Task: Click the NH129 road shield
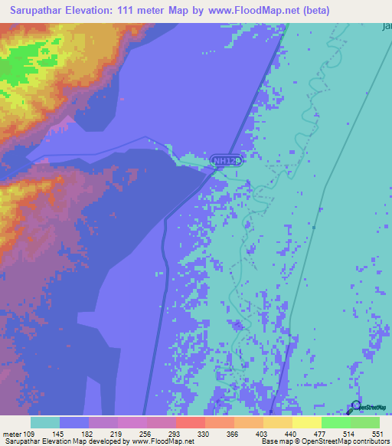(x=227, y=161)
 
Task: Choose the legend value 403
(x=263, y=435)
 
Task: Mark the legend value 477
(x=321, y=435)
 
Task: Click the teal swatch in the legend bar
(x=45, y=422)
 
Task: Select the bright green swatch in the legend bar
(x=335, y=422)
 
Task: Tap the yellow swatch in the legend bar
(x=306, y=422)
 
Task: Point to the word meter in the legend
(x=11, y=435)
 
